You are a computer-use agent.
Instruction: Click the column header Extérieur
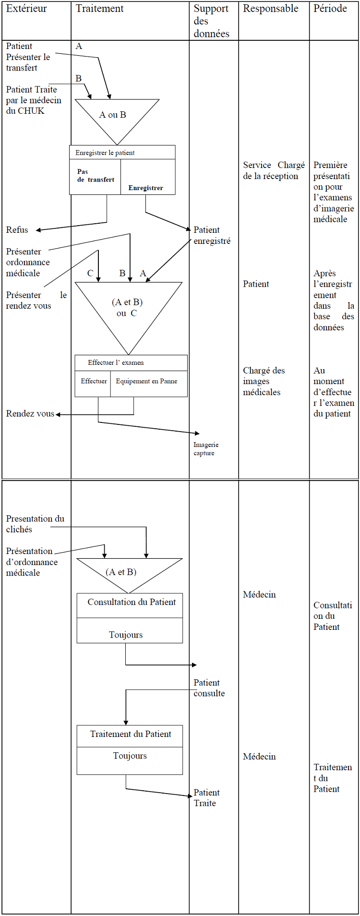(26, 9)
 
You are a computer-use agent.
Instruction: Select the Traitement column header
(99, 9)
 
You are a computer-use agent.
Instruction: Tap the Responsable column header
(270, 9)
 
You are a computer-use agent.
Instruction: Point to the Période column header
(330, 9)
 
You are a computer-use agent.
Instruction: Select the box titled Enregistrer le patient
(105, 153)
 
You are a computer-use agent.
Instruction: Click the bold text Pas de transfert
(96, 176)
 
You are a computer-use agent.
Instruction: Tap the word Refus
(17, 230)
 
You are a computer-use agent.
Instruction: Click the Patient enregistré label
(212, 235)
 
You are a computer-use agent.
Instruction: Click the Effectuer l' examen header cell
(116, 363)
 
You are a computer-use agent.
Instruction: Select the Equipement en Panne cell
(146, 381)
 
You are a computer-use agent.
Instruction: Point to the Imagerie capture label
(205, 449)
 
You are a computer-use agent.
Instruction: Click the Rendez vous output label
(30, 413)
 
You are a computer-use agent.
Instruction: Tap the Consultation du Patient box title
(132, 602)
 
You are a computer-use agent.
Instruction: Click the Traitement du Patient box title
(131, 734)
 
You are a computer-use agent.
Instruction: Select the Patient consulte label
(209, 688)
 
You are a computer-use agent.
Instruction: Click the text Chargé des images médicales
(264, 381)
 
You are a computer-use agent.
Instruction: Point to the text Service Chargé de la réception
(274, 170)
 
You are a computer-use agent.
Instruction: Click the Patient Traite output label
(206, 798)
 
